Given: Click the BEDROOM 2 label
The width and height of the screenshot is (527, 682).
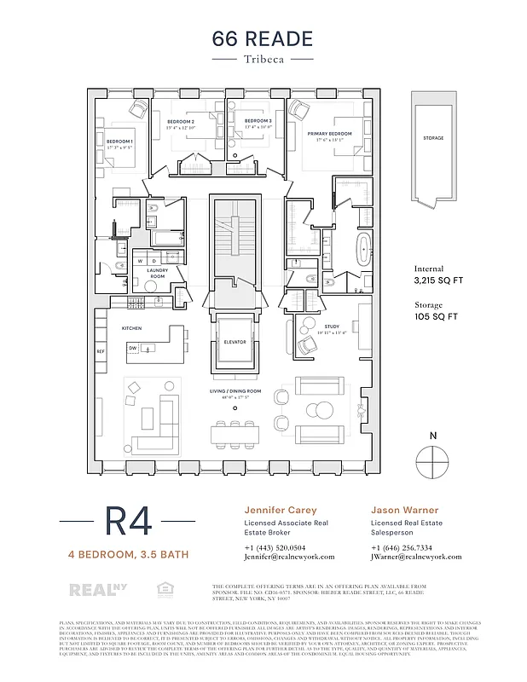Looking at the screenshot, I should [180, 122].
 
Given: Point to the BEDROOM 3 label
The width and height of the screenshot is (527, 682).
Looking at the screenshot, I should [258, 122].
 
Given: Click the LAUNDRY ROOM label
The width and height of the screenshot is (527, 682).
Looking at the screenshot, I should [156, 273].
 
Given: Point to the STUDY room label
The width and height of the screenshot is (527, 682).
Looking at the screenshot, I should [332, 327].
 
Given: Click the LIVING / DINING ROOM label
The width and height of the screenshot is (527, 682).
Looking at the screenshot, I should [235, 391].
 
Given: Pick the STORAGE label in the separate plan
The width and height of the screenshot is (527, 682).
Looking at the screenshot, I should [433, 137].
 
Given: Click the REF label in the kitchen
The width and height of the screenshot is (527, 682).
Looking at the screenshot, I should [100, 351].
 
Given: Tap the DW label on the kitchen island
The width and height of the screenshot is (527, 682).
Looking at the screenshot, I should [133, 348].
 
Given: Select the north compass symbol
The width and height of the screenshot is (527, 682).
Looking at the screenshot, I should [433, 463].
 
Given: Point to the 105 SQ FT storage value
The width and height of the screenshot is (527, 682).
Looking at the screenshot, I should [436, 316].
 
